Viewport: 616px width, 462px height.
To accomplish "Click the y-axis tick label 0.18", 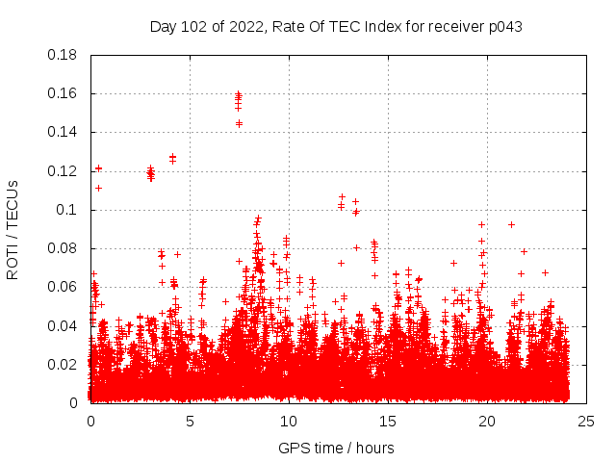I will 64,55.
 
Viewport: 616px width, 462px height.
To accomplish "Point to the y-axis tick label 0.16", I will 64,93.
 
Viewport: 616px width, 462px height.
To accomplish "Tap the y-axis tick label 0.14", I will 64,132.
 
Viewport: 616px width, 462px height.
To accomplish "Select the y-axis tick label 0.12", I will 64,171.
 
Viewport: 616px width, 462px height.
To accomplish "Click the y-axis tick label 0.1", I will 67,210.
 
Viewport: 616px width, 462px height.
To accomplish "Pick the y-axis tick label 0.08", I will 64,248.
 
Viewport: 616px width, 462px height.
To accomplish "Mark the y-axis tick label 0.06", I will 64,287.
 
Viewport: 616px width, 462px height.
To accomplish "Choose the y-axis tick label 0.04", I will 64,325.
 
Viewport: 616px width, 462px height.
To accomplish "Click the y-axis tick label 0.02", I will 64,365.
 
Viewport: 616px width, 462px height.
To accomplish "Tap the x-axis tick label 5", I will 190,421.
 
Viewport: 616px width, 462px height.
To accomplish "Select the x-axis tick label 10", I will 288,421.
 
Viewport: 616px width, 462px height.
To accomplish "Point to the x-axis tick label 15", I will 387,421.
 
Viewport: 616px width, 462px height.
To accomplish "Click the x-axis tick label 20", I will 486,421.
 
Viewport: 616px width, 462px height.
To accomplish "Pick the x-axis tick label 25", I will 585,421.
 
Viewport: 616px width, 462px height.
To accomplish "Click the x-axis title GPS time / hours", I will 336,448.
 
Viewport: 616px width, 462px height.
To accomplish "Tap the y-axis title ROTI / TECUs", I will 13,229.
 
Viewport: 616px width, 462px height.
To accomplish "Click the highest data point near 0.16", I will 239,93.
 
